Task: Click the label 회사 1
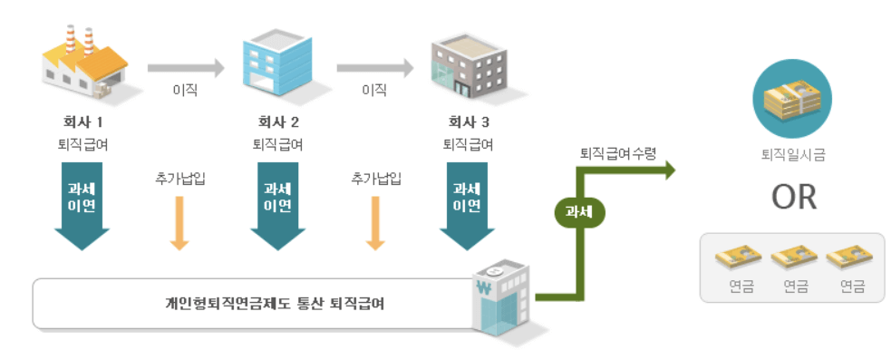click(x=82, y=122)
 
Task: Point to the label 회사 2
click(x=277, y=122)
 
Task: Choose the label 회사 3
click(x=468, y=122)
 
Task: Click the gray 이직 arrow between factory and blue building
click(x=185, y=66)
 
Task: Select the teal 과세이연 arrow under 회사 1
click(x=82, y=205)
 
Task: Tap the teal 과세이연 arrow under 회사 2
click(x=277, y=205)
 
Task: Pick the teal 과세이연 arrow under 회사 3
click(x=468, y=205)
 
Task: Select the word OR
click(x=794, y=198)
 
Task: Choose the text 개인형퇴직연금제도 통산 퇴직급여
click(x=268, y=303)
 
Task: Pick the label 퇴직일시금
click(x=793, y=155)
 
